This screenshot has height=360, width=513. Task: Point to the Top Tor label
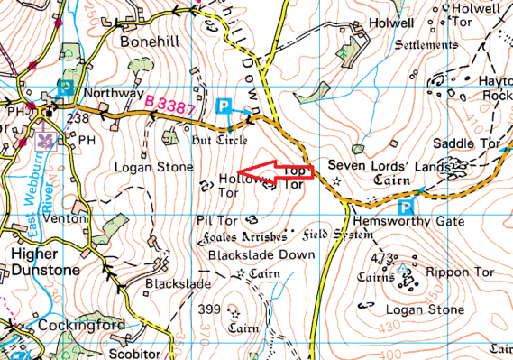tap(294, 178)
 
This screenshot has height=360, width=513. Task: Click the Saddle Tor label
tap(462, 143)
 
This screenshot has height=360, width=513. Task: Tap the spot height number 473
tap(385, 260)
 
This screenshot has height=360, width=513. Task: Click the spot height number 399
tap(209, 309)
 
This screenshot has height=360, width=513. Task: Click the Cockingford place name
tap(78, 325)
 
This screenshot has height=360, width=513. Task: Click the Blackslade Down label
tap(261, 254)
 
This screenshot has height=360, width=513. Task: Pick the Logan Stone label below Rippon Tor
tap(421, 309)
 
